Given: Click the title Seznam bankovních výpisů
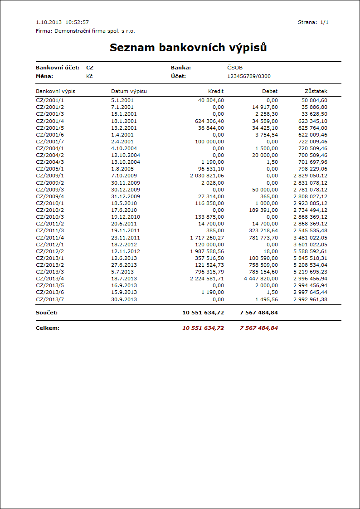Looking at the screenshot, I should point(188,48).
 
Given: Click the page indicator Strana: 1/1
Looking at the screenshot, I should point(313,22).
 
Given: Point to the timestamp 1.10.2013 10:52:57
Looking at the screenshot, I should point(62,22).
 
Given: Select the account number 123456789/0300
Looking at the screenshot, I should point(249,76).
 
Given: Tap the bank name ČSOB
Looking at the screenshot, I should point(235,68).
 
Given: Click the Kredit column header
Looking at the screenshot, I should point(216,91).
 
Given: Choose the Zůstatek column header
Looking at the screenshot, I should point(316,91).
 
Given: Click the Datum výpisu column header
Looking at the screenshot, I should point(129,91).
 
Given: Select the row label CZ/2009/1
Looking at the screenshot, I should point(50,176).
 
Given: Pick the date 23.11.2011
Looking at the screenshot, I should point(126,237).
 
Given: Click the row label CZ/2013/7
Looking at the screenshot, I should point(50,299).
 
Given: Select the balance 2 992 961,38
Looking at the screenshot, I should point(310,299).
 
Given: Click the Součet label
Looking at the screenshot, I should point(47,313).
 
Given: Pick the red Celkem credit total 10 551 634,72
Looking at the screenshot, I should point(203,328).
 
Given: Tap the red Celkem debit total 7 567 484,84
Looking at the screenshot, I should point(258,328).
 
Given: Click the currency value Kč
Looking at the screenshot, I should point(89,76).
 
